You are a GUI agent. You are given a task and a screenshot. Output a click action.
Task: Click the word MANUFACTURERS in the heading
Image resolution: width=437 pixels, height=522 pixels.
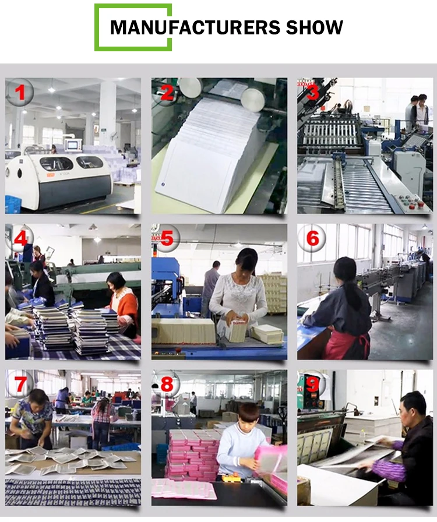(195, 27)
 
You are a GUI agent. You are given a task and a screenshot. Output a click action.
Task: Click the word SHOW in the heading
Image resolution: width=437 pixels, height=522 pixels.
(315, 27)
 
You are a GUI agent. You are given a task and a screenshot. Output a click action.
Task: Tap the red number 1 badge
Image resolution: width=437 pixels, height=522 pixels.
(20, 92)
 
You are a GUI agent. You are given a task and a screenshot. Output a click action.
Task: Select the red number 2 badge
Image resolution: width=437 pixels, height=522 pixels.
(167, 92)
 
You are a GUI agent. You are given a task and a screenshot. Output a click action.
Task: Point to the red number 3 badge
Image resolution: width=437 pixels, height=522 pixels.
(312, 92)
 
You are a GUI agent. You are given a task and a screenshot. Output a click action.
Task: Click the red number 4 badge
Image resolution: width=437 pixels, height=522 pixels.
(20, 238)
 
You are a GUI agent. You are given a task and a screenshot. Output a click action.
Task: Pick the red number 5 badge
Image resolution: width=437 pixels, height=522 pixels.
(167, 238)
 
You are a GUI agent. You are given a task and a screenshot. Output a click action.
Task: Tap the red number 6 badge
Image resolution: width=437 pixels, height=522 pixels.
(312, 238)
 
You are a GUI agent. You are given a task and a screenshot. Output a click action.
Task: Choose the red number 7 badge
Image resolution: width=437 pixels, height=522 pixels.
(20, 384)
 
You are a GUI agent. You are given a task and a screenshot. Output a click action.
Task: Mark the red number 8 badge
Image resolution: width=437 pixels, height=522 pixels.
(167, 384)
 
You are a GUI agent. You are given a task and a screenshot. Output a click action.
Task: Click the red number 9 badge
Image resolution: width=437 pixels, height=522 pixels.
(312, 384)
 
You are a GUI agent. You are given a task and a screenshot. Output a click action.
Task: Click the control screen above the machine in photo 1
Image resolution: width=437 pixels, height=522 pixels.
(73, 145)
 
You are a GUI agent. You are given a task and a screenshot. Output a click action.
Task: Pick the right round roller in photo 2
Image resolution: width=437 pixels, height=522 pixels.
(253, 97)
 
